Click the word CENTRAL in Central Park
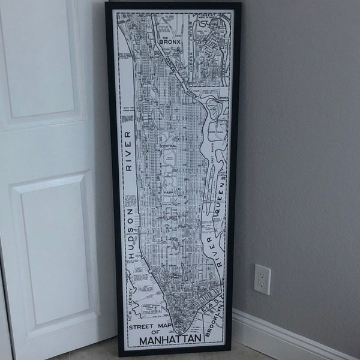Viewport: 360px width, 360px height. (x=167, y=146)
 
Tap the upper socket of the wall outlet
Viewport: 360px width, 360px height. (x=262, y=274)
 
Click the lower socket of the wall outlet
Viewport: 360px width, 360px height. (x=262, y=286)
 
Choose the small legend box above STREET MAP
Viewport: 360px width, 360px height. (x=150, y=308)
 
